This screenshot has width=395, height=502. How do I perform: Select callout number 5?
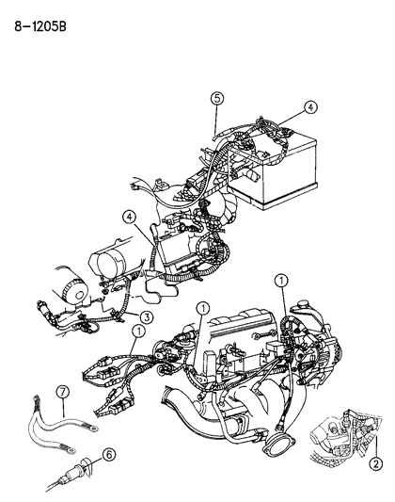point(216,98)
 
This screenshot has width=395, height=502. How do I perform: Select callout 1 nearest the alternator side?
point(280,279)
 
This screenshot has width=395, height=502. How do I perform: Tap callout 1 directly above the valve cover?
point(202,308)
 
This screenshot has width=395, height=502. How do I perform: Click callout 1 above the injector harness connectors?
point(138,331)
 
